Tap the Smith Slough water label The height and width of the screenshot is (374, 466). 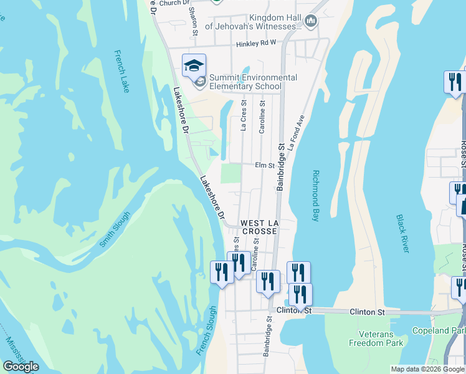tap(115, 230)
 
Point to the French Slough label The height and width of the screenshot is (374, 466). tap(209, 331)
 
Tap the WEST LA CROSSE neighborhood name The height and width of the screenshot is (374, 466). tap(259, 227)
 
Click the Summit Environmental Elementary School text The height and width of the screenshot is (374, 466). tap(252, 82)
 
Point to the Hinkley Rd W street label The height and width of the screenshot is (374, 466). tap(256, 44)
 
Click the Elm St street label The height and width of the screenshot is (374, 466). tap(265, 165)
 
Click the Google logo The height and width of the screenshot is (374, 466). tap(21, 367)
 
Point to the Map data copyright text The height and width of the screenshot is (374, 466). tap(427, 369)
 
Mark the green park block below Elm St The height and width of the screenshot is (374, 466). tap(231, 173)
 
